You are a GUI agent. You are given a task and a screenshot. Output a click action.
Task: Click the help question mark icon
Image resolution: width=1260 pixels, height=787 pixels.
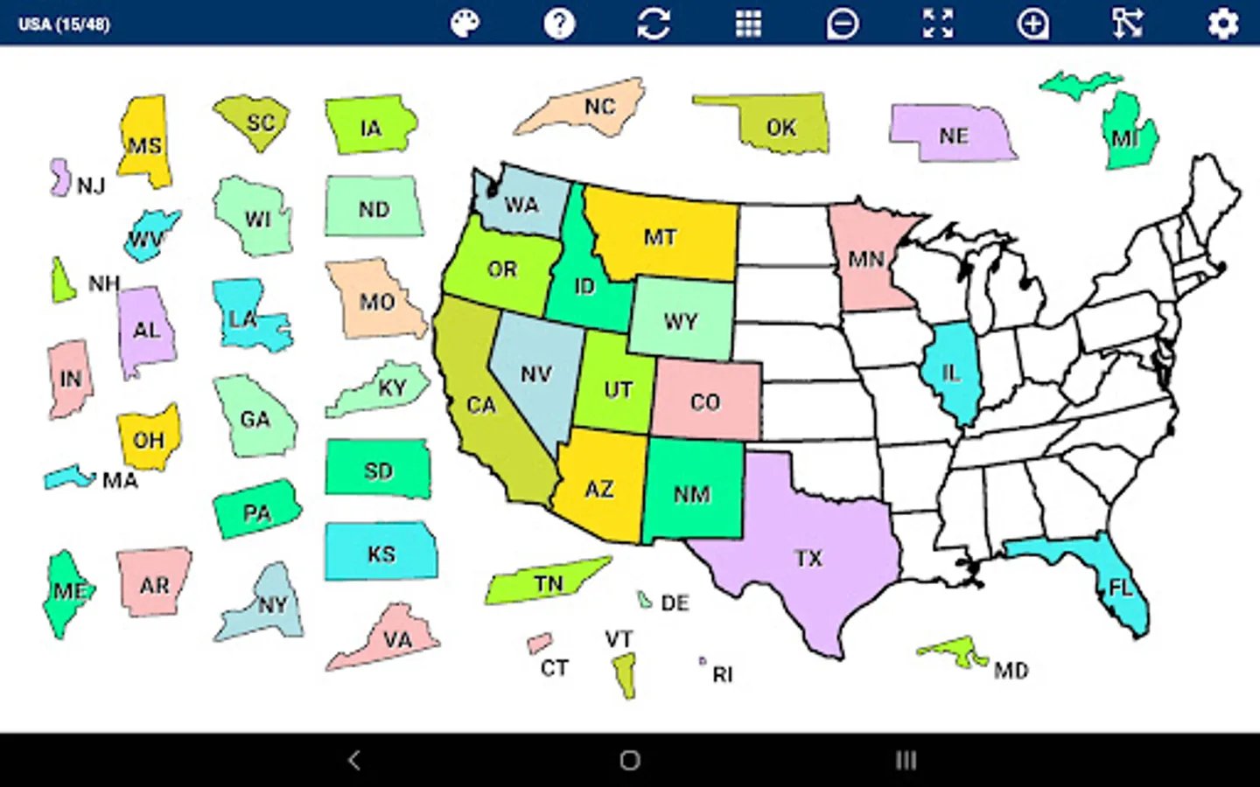point(559,24)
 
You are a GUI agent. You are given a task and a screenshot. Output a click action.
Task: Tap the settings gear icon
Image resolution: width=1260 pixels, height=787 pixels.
point(1222,24)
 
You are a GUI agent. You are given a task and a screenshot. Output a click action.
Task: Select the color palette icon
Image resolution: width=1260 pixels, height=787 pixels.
point(465,24)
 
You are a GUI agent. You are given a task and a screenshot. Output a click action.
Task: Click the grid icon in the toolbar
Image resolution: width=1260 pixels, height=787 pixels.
point(748,24)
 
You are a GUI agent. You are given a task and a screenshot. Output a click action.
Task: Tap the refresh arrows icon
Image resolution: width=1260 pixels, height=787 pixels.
point(654,24)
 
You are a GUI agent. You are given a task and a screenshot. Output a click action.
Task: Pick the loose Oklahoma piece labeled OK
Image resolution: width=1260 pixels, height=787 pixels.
point(780,127)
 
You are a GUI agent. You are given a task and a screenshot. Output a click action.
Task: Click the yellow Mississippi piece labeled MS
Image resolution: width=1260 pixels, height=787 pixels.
point(144,143)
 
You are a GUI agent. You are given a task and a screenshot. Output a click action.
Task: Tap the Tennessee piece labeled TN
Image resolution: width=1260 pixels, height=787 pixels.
point(548,582)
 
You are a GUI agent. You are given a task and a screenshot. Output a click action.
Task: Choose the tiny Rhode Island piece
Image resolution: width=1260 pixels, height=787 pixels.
point(702,661)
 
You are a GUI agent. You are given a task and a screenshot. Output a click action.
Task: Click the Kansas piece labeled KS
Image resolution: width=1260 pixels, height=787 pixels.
point(381,553)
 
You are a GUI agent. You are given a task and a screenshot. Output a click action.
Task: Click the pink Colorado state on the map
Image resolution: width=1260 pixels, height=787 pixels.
point(704,400)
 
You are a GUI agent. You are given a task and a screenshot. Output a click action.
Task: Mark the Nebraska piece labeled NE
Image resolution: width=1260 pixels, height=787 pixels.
point(952,135)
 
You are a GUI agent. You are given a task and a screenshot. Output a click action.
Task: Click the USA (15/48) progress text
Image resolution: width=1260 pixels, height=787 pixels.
point(64,24)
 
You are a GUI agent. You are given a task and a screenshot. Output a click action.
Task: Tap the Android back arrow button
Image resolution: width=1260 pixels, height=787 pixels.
point(353,760)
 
